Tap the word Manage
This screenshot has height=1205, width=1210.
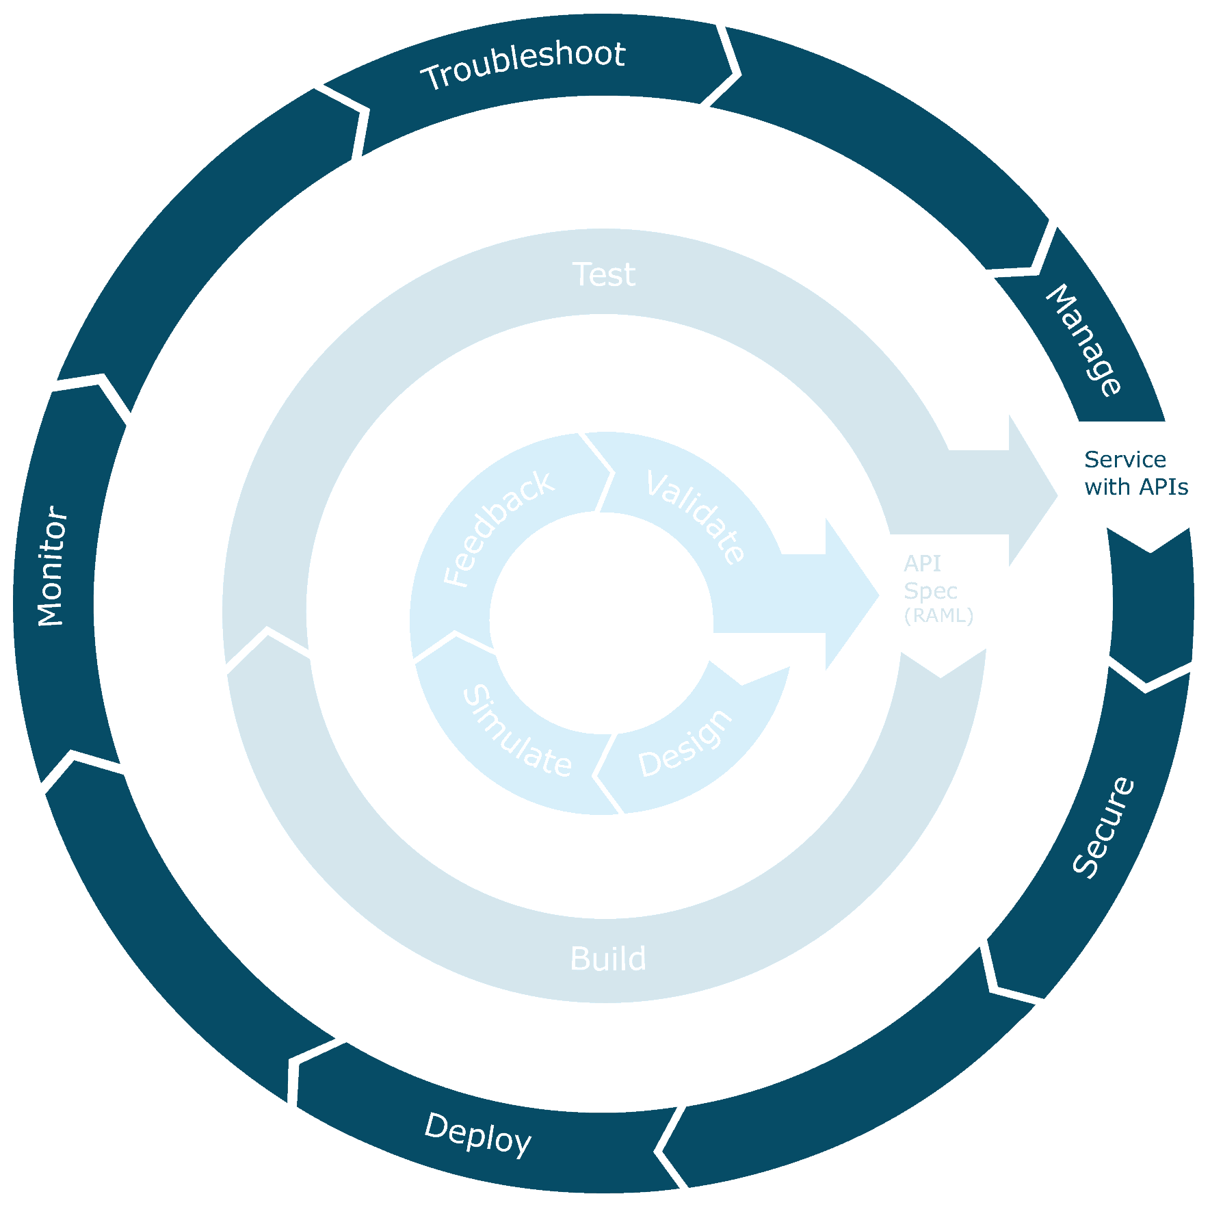(x=1084, y=340)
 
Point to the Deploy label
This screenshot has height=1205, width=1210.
(x=477, y=1135)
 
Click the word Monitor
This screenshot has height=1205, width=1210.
(x=52, y=566)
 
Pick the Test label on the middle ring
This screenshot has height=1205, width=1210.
(x=603, y=274)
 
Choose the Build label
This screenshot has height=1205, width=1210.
(x=607, y=959)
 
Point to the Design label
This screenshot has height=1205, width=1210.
(x=685, y=744)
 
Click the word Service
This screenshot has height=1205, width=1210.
(x=1124, y=459)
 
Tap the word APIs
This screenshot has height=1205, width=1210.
(x=1163, y=487)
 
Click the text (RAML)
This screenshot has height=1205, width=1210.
(x=938, y=616)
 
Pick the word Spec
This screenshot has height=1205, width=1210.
(x=930, y=591)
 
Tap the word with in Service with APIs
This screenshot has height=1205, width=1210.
(x=1103, y=487)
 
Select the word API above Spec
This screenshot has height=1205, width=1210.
(x=921, y=563)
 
